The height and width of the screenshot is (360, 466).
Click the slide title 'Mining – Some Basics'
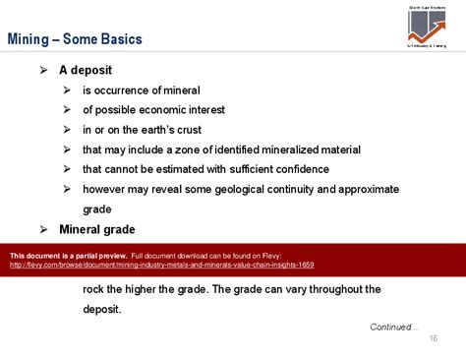click(x=75, y=40)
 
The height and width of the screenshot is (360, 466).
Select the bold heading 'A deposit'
click(x=86, y=71)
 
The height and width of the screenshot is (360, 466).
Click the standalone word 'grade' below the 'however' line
click(x=96, y=210)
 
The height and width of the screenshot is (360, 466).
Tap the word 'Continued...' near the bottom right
click(x=393, y=327)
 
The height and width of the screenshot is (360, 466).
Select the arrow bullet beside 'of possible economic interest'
click(x=66, y=110)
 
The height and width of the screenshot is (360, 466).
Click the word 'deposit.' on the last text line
click(x=102, y=309)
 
